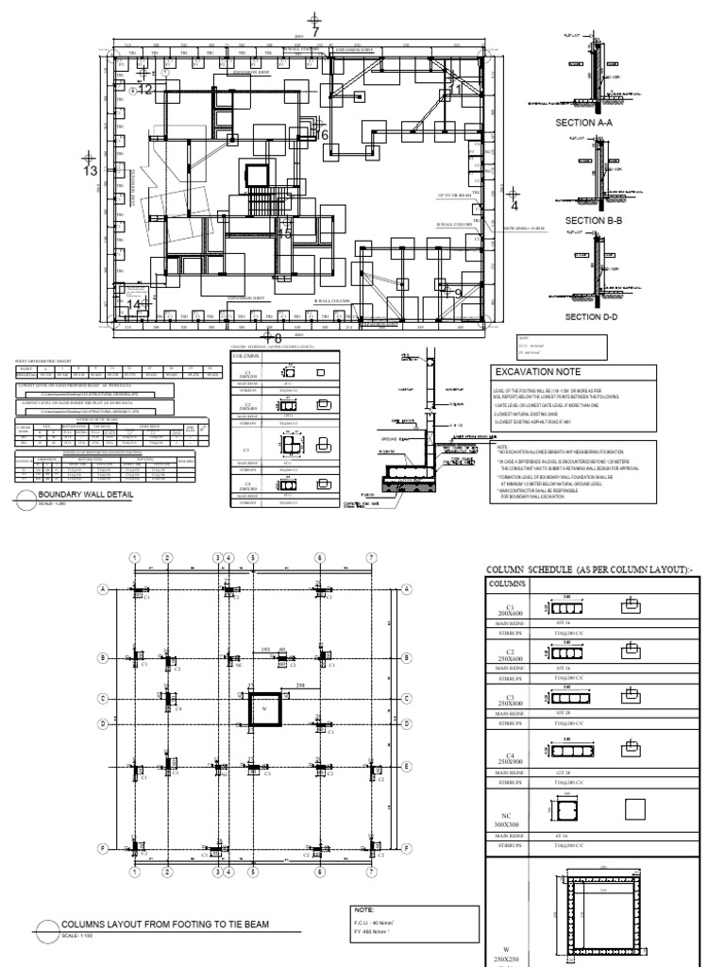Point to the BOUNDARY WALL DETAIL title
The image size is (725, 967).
pos(84,494)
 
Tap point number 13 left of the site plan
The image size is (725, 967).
pos(90,171)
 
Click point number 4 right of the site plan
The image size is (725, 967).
pos(514,204)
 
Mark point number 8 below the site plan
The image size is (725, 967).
pos(278,337)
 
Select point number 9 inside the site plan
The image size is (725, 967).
pos(457,294)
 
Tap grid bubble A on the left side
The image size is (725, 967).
pos(102,588)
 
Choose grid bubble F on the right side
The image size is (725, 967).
pos(406,848)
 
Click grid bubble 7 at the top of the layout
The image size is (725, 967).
pos(372,558)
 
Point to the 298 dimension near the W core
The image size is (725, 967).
pos(300,684)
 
